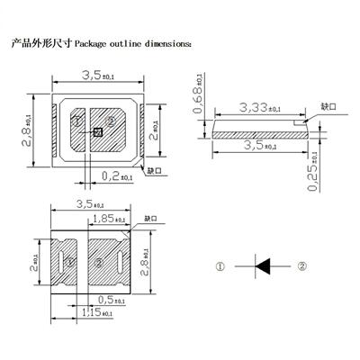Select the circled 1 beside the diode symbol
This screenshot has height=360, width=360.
pyautogui.click(x=220, y=265)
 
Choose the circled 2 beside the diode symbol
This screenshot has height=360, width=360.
pyautogui.click(x=302, y=265)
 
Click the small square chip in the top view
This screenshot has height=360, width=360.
pyautogui.click(x=98, y=132)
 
